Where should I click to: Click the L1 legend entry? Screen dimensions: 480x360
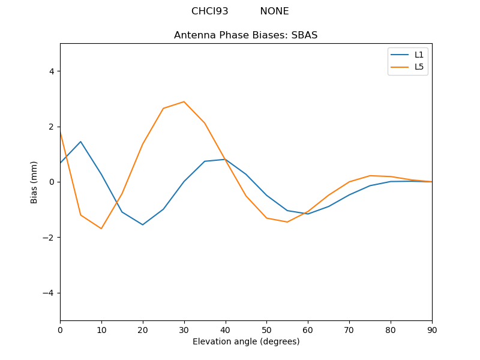(x=419, y=55)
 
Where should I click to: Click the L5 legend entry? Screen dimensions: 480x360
(x=419, y=67)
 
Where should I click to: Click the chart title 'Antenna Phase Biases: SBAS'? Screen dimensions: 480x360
(x=245, y=35)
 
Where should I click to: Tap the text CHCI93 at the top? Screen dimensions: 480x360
(x=209, y=11)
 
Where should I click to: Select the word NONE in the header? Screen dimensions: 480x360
(x=274, y=11)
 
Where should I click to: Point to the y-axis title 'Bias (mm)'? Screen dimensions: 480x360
(x=34, y=182)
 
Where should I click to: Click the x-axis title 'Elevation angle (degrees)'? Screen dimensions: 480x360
(x=245, y=341)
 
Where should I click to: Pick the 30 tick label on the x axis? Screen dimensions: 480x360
(x=184, y=329)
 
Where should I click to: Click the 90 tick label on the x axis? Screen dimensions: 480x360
(x=431, y=329)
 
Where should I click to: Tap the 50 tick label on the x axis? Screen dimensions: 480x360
(x=266, y=329)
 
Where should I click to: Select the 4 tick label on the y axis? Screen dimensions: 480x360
(x=51, y=71)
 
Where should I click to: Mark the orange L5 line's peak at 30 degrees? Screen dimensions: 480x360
(x=184, y=101)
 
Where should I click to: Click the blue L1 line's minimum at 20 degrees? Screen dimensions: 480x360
(x=143, y=224)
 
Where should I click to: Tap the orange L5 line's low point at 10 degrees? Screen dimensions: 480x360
(x=101, y=229)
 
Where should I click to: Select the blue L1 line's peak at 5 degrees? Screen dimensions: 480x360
(x=80, y=142)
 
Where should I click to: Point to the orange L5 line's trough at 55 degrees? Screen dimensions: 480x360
(x=287, y=222)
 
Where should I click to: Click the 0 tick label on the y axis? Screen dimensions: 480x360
(x=51, y=182)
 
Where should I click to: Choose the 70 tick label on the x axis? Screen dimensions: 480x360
(x=349, y=329)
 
